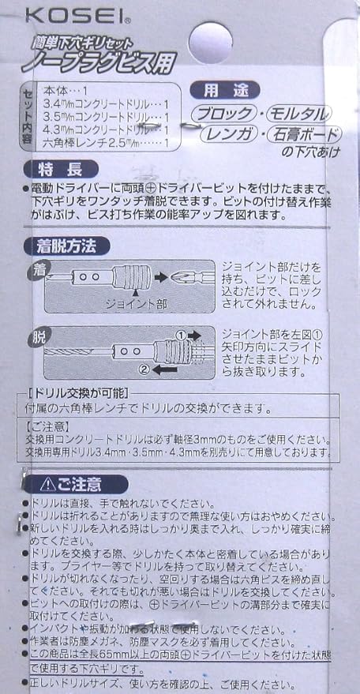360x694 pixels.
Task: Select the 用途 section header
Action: (231, 92)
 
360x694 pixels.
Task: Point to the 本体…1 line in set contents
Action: (73, 91)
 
